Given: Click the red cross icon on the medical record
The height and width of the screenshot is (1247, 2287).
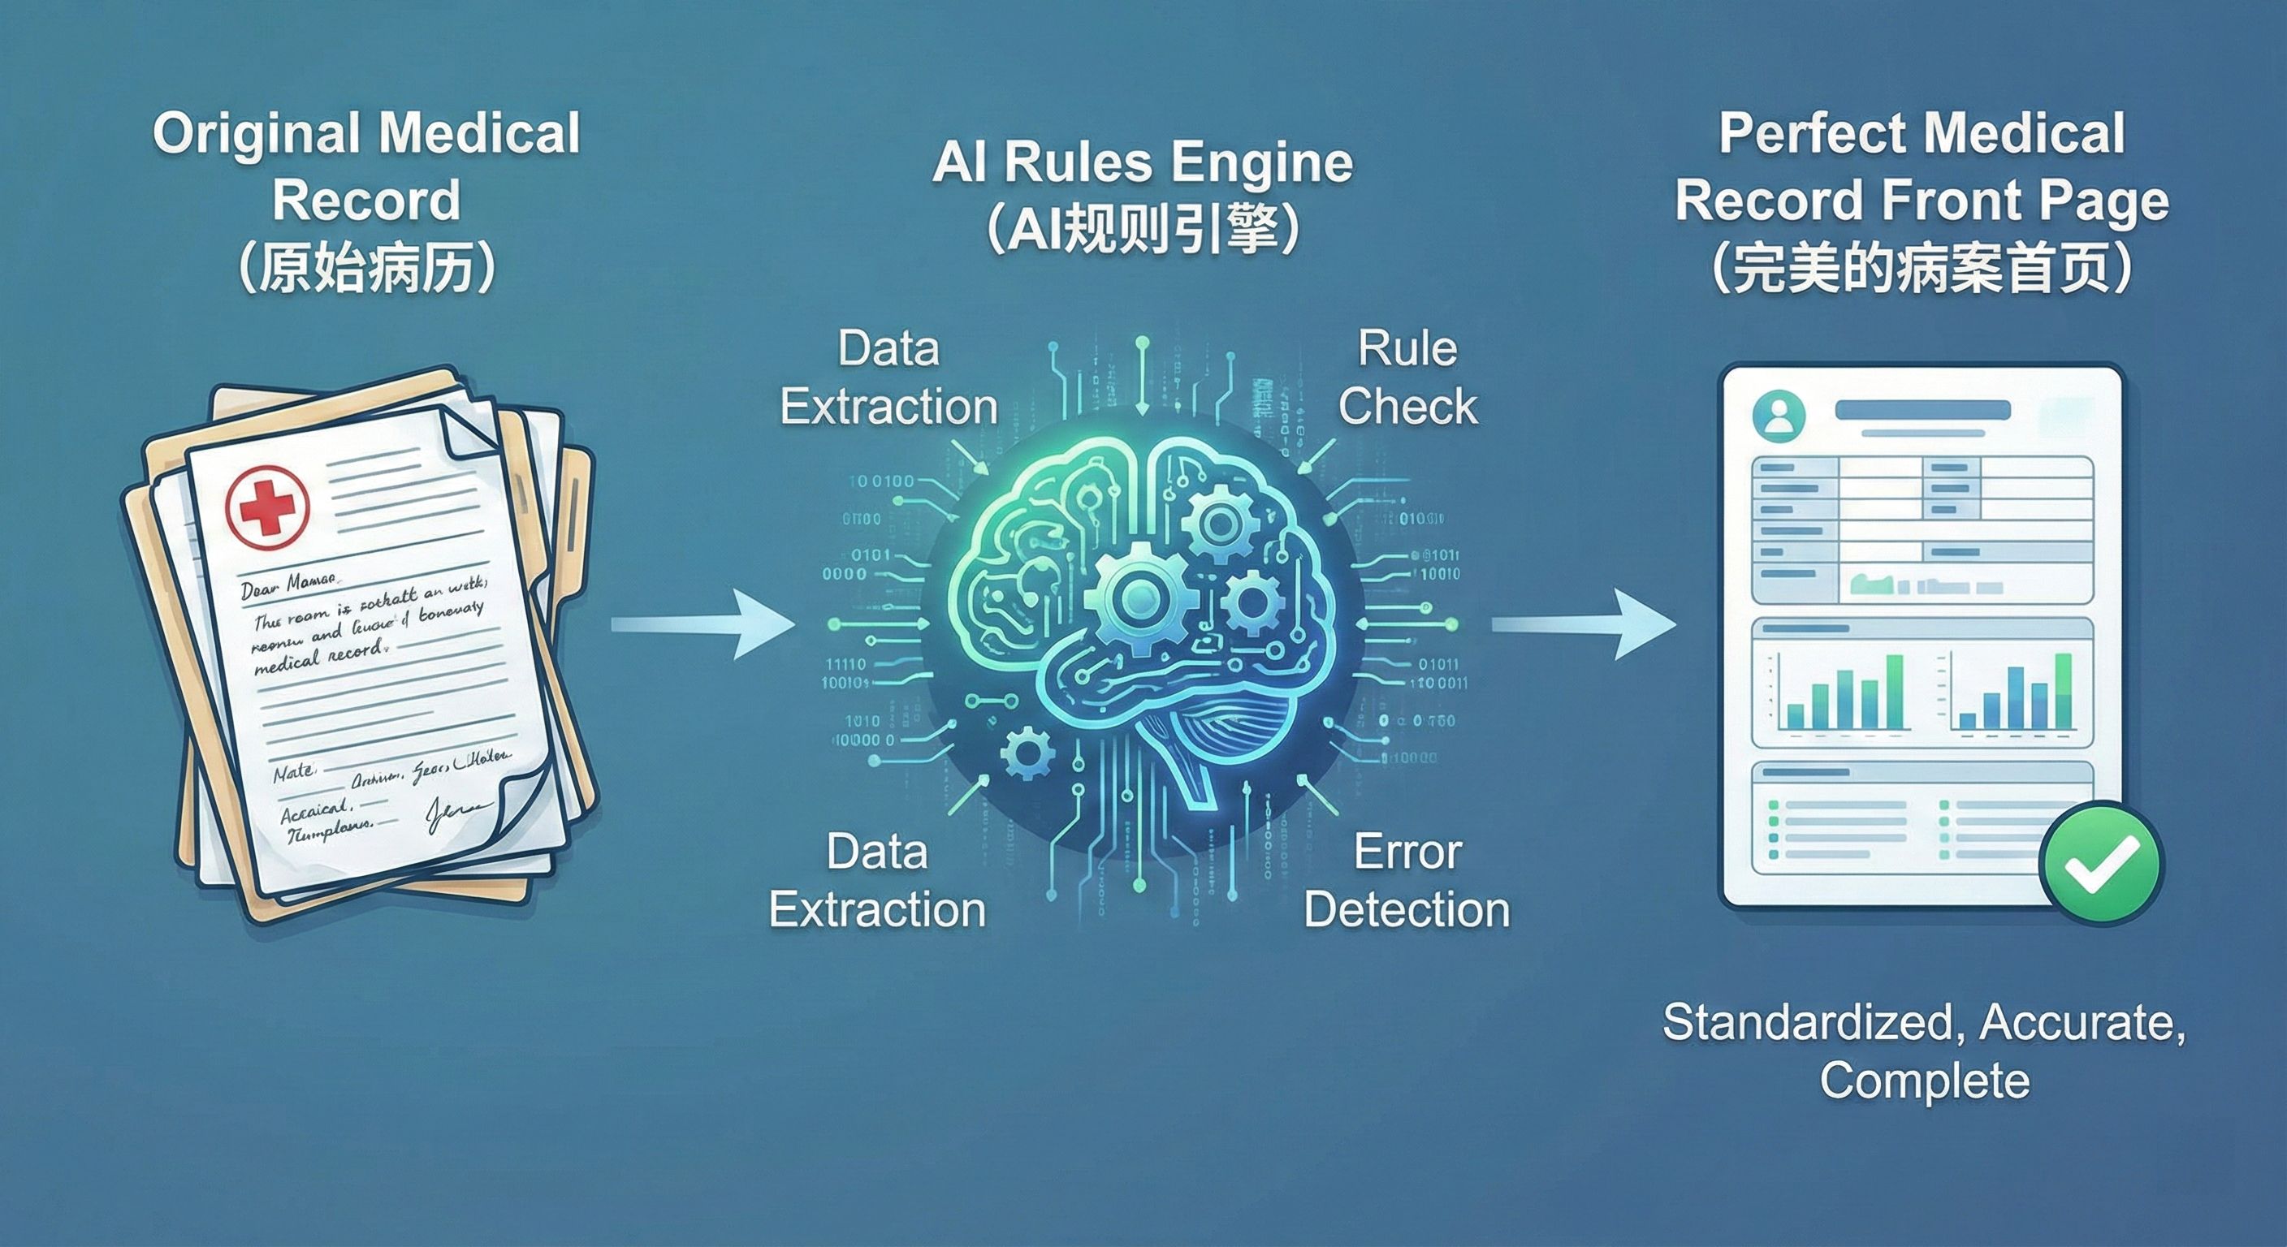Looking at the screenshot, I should pos(267,507).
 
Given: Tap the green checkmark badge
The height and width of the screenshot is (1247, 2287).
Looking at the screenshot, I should pos(2100,863).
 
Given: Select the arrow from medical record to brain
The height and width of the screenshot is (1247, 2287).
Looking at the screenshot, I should pos(702,624).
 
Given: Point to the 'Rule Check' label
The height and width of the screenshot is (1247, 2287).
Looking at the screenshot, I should pos(1407,378).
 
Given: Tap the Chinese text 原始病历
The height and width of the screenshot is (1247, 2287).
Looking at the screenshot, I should pos(366,267).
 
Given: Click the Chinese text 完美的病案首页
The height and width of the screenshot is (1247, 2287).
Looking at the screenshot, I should pos(1922,267).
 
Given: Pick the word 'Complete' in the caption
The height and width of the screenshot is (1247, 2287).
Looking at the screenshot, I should pos(1925,1080).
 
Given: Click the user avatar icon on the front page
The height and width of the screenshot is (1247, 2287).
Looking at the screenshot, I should pos(1779,416).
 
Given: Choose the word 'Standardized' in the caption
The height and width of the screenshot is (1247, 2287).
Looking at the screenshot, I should pos(1807,1022).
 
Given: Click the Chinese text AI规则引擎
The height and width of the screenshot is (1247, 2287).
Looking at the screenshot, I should pos(1143,230).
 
